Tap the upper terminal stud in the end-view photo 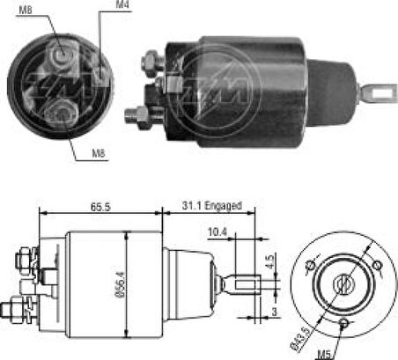click(60, 56)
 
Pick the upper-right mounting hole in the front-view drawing click(379, 265)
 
